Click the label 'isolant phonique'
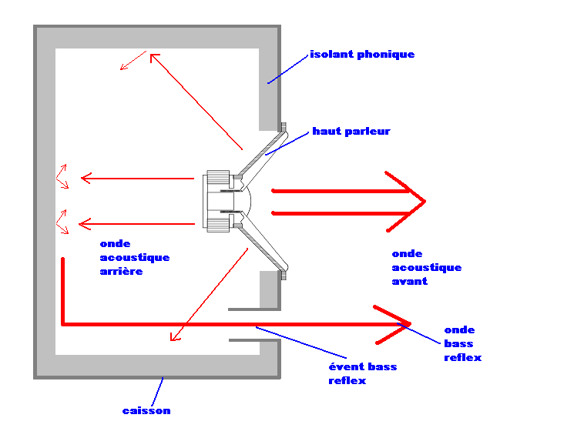click(362, 55)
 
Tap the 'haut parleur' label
click(351, 132)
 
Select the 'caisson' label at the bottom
click(146, 410)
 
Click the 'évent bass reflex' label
click(362, 373)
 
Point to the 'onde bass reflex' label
click(462, 344)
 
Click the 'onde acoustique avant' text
click(426, 267)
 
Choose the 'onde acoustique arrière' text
click(134, 258)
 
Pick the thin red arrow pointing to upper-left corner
click(196, 100)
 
